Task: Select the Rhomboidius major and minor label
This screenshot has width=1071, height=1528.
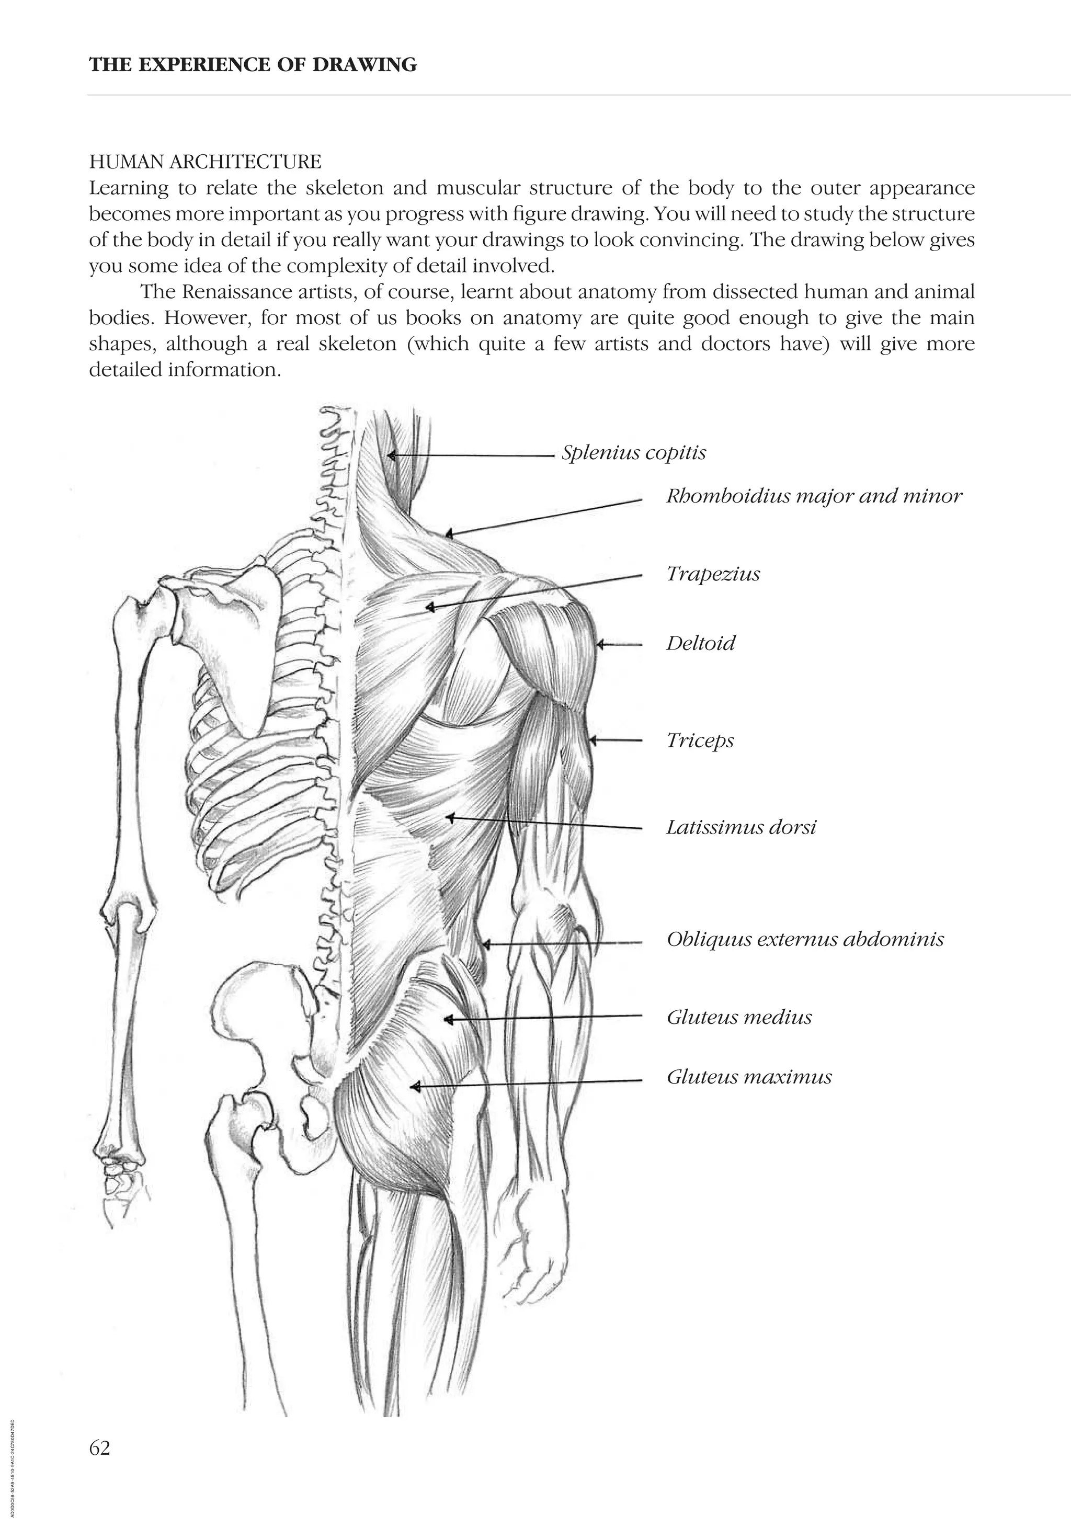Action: tap(813, 496)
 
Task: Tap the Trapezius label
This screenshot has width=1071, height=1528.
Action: tap(713, 574)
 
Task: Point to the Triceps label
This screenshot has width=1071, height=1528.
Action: tap(700, 740)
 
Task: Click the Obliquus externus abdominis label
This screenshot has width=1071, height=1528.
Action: tap(805, 940)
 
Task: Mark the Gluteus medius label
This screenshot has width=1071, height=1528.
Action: tap(739, 1018)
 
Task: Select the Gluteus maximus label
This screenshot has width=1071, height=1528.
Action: tap(749, 1077)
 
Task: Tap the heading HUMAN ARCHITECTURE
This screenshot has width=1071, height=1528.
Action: tap(205, 162)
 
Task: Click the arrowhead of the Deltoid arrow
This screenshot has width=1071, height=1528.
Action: tap(599, 644)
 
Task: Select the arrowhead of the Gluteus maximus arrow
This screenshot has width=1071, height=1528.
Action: tap(414, 1087)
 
